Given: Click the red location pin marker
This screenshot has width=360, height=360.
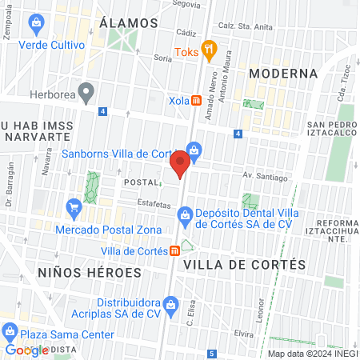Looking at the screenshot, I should coord(180,163).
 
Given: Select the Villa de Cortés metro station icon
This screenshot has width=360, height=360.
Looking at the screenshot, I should coord(174,250).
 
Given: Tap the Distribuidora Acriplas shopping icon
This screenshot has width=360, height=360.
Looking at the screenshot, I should coord(170,304).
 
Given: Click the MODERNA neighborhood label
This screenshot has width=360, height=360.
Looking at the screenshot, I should coord(283,74).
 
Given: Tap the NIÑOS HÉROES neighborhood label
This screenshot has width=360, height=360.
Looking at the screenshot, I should coord(90,272).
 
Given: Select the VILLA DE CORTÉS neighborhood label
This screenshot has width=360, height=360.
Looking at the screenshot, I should coord(245,264).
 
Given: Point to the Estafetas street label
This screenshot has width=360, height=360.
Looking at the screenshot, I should coord(154,205).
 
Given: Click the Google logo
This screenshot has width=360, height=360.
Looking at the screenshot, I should coord(26,350).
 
